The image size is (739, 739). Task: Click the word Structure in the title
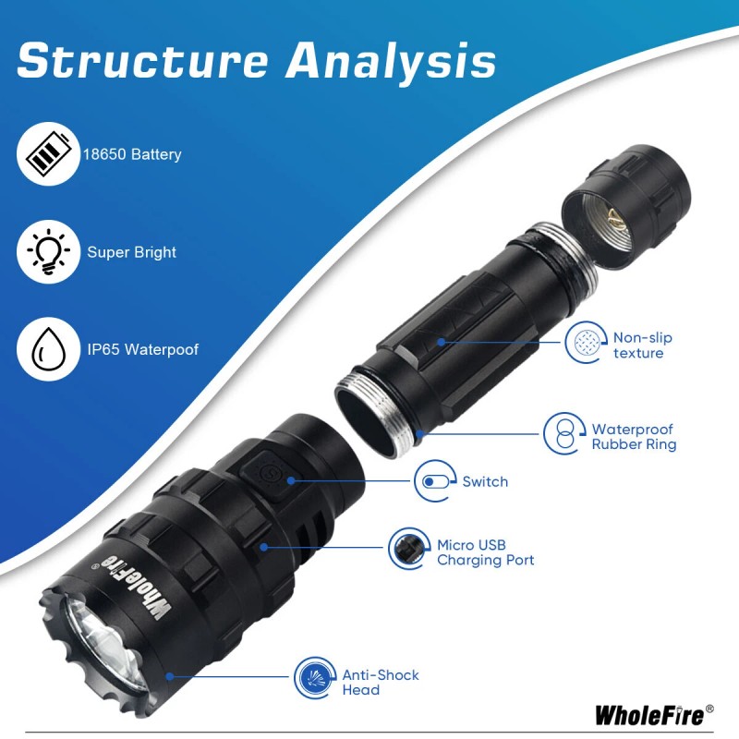(142, 61)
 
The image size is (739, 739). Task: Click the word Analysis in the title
(390, 61)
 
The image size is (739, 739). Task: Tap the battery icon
(45, 154)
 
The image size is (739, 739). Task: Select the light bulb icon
(45, 251)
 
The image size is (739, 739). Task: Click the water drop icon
(45, 350)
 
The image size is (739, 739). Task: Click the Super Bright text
(131, 251)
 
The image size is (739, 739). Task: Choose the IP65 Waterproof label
(142, 350)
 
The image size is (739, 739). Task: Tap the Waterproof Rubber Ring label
(634, 436)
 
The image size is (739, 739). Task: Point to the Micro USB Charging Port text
(485, 552)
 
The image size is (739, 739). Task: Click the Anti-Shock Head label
(380, 682)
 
